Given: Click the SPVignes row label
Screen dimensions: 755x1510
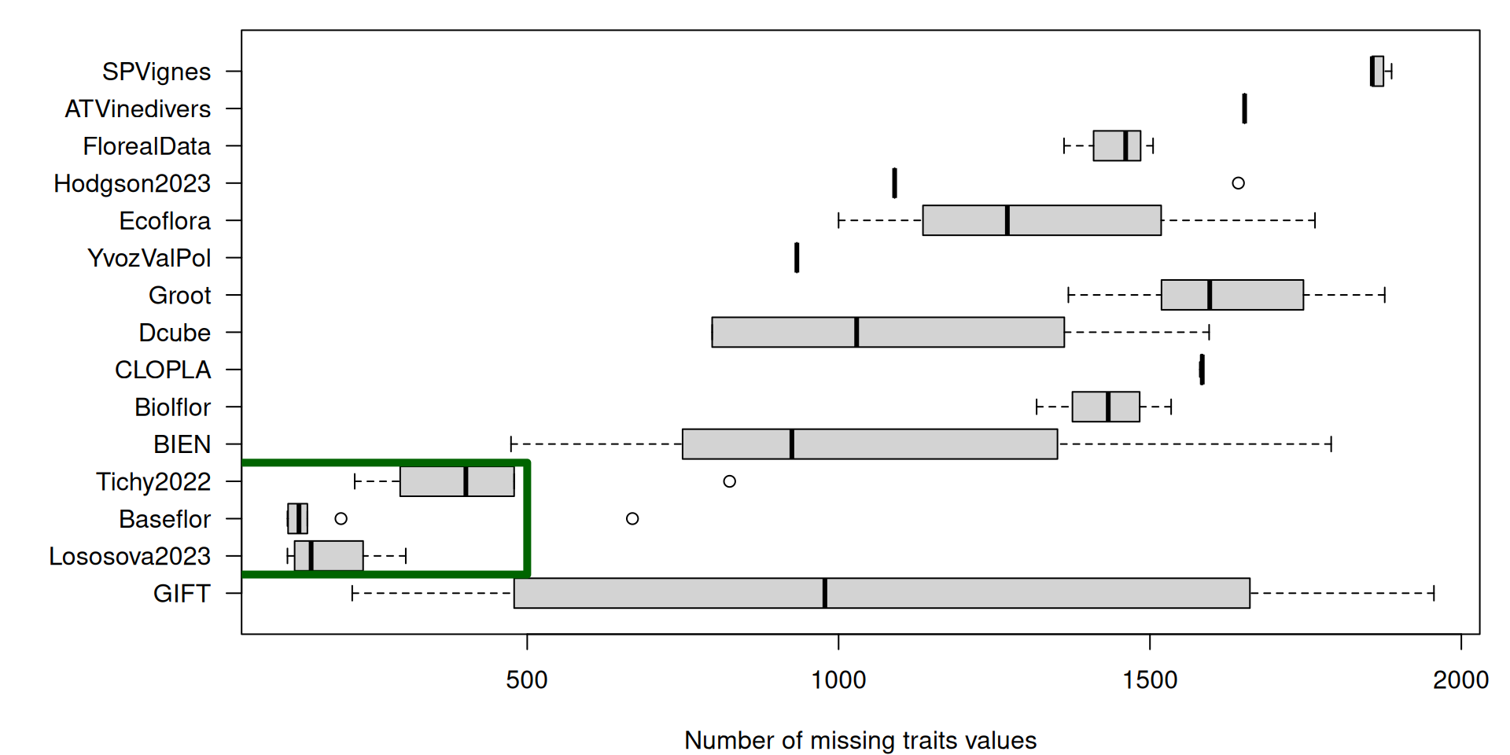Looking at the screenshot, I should click(x=156, y=72).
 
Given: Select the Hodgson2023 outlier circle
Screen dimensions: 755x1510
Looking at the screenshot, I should click(x=1238, y=183).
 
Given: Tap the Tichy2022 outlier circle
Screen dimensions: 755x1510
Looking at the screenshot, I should click(x=729, y=481).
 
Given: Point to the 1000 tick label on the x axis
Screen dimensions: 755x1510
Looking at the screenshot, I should click(x=838, y=679).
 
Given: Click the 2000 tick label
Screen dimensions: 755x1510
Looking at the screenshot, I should click(x=1460, y=679).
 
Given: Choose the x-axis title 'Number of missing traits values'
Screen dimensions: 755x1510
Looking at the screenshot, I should click(x=860, y=740).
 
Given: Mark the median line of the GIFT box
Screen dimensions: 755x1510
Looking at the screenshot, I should click(x=824, y=593).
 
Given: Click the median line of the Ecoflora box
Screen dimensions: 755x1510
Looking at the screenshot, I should click(x=1007, y=220).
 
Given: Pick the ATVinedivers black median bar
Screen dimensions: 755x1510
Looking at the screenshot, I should click(x=1244, y=109).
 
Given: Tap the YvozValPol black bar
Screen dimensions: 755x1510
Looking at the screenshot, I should click(x=797, y=258).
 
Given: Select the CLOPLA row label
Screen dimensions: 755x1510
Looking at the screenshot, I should click(x=163, y=370).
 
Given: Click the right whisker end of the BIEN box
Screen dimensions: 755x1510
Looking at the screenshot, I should click(x=1331, y=444).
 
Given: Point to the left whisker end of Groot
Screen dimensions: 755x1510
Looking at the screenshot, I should click(x=1068, y=295).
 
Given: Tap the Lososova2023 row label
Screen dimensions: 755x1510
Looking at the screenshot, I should click(x=130, y=556).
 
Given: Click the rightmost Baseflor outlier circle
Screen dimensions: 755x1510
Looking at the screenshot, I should click(x=632, y=518).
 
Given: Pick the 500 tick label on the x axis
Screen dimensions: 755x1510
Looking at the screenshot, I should click(x=527, y=679).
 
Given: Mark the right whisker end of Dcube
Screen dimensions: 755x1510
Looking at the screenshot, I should click(x=1209, y=332).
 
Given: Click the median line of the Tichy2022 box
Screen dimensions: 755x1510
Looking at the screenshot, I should click(x=466, y=481).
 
